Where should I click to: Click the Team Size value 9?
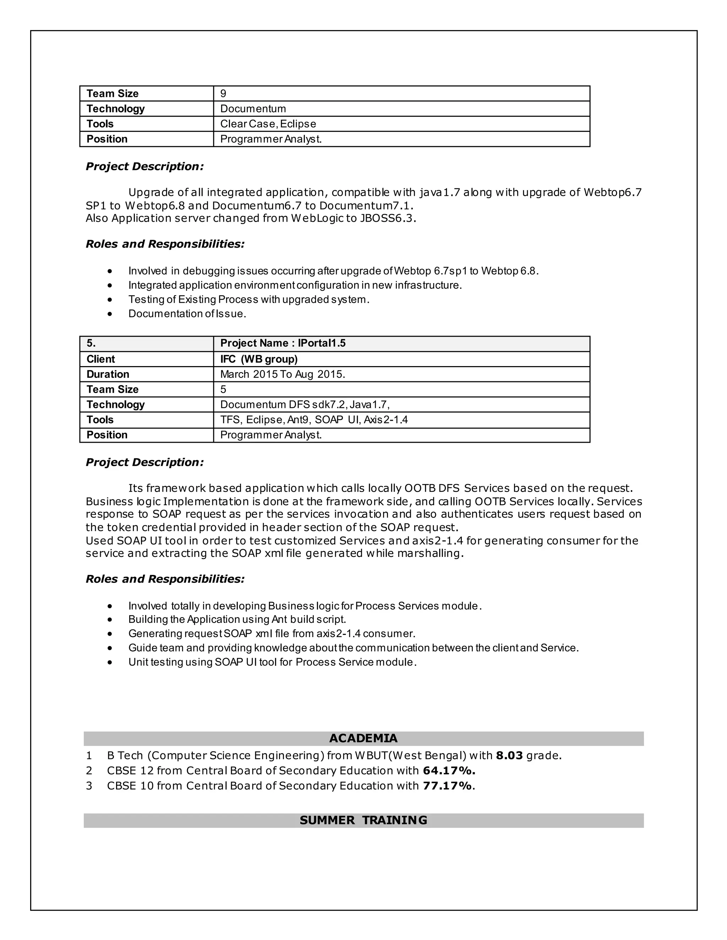click(223, 93)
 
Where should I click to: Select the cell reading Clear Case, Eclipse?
click(268, 124)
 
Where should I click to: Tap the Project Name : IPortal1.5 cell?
click(283, 343)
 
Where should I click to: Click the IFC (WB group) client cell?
click(259, 359)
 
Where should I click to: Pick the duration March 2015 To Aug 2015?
click(283, 374)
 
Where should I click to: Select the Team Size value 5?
click(223, 389)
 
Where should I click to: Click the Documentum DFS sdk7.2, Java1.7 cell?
click(305, 405)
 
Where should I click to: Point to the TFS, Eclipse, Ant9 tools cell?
click(313, 420)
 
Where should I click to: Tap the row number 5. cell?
click(91, 343)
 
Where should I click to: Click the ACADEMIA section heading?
click(363, 738)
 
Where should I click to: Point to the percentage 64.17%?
click(449, 770)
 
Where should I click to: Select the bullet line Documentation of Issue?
click(187, 314)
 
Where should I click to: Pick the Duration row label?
click(108, 374)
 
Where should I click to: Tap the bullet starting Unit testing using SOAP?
click(272, 662)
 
